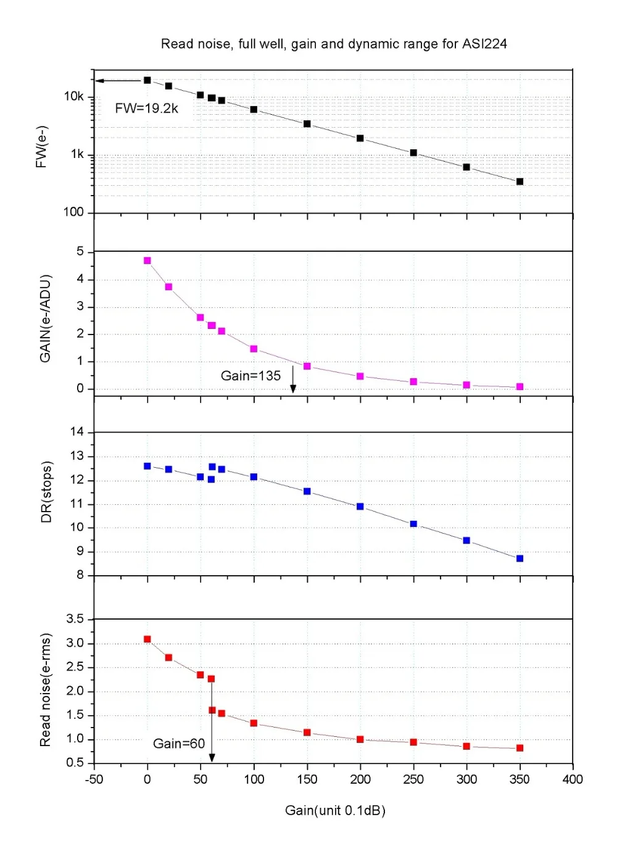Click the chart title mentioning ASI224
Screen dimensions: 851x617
334,44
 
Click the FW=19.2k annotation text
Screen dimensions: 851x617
146,109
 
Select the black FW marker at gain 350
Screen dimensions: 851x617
520,181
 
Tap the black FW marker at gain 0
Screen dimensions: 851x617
147,80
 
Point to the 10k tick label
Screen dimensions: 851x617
73,96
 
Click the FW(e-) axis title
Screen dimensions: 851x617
41,147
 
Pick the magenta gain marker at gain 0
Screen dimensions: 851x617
147,260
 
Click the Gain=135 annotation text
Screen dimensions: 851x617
251,376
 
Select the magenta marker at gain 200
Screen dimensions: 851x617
360,376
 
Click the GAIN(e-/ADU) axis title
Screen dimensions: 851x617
45,318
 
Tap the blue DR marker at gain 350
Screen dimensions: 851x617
520,558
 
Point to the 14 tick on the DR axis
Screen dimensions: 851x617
77,432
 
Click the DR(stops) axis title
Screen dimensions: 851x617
46,492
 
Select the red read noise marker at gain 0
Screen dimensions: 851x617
147,639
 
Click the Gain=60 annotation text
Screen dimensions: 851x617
179,744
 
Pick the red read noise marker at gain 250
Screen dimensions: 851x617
413,742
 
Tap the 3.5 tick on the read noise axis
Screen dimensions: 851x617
75,619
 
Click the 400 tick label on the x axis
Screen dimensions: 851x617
573,779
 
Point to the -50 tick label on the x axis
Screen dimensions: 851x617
94,779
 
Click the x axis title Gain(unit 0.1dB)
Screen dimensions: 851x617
335,810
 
